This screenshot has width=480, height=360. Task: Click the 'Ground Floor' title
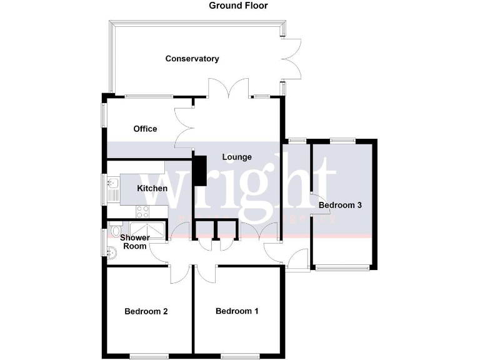(238, 6)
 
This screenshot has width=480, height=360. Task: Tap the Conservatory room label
(192, 59)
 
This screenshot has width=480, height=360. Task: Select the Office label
(145, 129)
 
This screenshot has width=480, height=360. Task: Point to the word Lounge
(236, 157)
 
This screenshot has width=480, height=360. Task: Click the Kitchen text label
(152, 188)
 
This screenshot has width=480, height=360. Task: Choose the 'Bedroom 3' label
(340, 205)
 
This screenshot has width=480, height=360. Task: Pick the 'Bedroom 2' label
(146, 311)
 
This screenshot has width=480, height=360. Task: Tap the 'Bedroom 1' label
(237, 311)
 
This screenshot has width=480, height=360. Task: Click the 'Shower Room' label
(134, 242)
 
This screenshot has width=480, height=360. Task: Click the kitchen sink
(113, 187)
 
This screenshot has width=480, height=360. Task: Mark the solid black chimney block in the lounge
(200, 170)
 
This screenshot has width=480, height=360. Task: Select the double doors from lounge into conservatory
(229, 89)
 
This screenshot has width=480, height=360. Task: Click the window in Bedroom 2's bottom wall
(149, 356)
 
